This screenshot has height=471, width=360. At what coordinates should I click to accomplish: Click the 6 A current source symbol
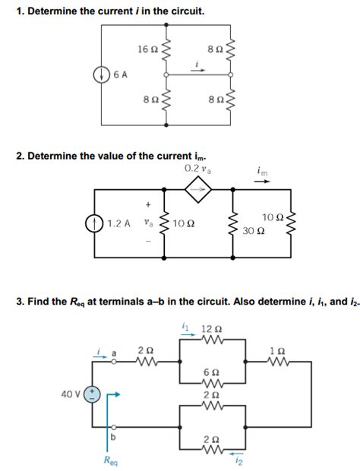click(100, 74)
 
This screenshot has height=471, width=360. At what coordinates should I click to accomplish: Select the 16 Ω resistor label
click(147, 49)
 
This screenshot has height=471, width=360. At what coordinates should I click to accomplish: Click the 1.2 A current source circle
click(94, 224)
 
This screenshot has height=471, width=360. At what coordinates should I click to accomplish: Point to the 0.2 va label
click(198, 168)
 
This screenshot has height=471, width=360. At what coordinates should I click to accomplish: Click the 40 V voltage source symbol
click(92, 394)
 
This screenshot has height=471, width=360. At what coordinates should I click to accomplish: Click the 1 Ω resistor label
click(278, 350)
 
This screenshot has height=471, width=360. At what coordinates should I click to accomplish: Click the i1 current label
click(186, 327)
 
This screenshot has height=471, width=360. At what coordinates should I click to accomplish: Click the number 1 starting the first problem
click(19, 11)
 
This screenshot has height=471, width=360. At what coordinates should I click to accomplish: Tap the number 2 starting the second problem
click(19, 156)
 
